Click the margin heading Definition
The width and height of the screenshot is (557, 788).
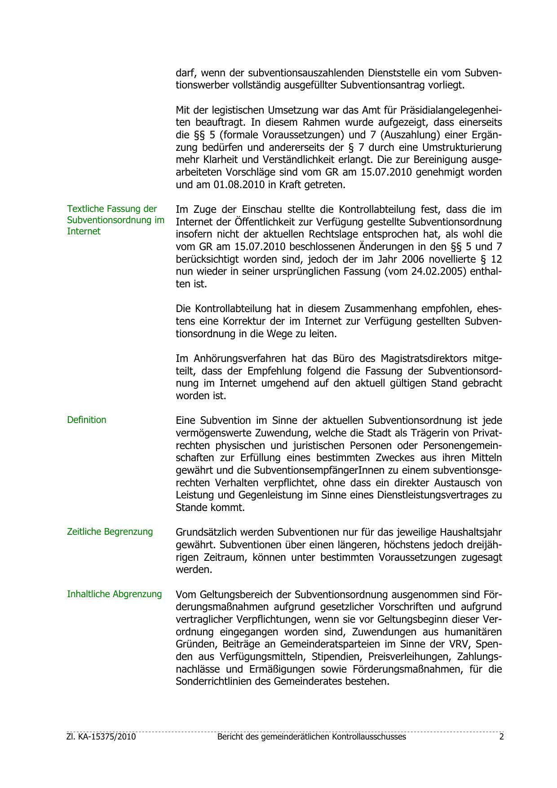tap(87, 420)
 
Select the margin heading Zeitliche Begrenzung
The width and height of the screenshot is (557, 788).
tap(110, 532)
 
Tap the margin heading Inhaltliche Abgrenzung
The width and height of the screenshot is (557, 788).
tap(114, 594)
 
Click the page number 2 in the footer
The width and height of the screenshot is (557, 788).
tap(501, 737)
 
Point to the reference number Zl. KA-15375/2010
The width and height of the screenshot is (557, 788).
tap(102, 737)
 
